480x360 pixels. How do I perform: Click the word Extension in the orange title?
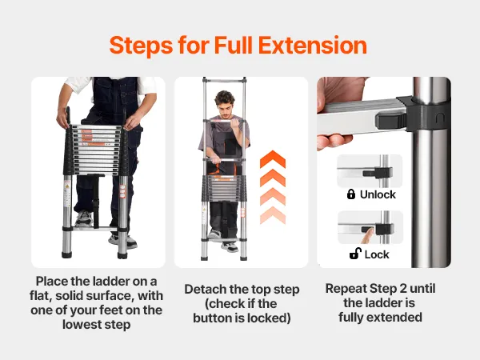(313, 46)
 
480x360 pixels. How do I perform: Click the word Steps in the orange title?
(141, 46)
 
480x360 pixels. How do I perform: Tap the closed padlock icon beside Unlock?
(351, 194)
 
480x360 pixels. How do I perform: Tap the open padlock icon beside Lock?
(355, 254)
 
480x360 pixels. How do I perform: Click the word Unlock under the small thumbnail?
(378, 194)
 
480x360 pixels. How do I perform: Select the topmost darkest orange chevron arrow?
(273, 159)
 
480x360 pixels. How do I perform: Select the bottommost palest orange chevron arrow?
(273, 215)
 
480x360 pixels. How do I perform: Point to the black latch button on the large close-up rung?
(391, 120)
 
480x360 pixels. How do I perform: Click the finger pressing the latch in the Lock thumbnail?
(367, 236)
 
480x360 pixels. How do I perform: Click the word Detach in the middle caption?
(205, 290)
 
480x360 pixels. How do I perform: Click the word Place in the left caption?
(51, 281)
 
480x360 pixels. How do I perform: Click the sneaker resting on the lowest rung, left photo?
(84, 218)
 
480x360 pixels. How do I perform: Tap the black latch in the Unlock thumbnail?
(378, 173)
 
